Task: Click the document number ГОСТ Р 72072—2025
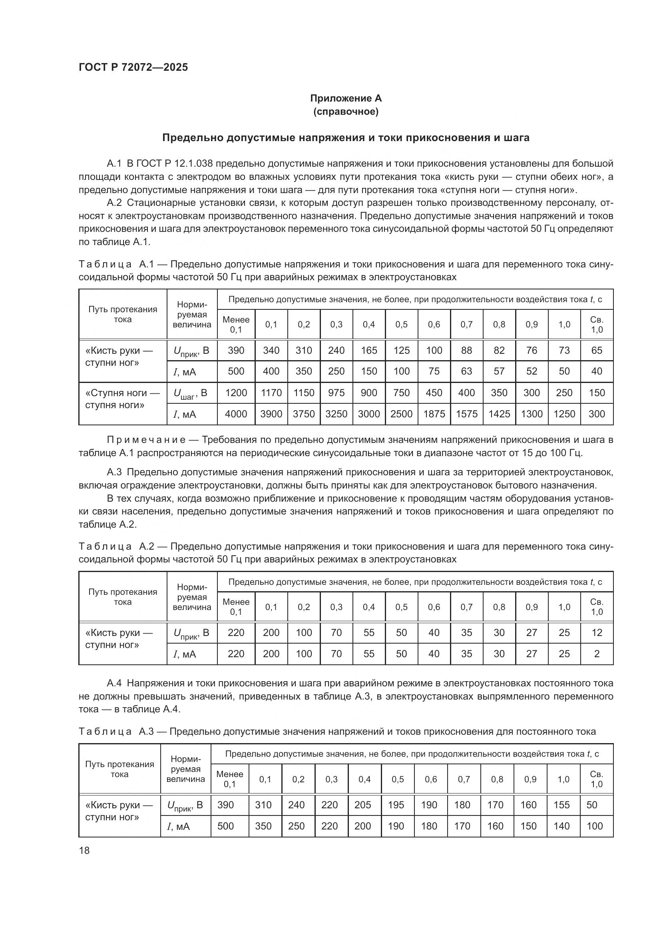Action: (x=133, y=67)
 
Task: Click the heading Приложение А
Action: (x=346, y=98)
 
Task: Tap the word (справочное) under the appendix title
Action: (x=346, y=112)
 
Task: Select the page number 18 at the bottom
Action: (x=84, y=850)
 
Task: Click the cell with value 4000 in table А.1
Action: (x=236, y=414)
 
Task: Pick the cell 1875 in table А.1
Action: (x=434, y=414)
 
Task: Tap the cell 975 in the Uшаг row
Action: (x=336, y=393)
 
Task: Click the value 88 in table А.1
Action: (x=466, y=350)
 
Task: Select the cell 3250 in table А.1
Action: (x=336, y=414)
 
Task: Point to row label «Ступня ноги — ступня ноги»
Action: (x=123, y=399)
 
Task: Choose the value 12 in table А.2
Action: (x=597, y=632)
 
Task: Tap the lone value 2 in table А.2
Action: (x=597, y=654)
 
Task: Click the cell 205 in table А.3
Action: (x=362, y=805)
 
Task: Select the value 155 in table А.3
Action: (x=561, y=805)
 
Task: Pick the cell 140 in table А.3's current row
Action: (x=561, y=826)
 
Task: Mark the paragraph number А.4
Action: (x=114, y=683)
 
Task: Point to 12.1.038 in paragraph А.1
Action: (x=193, y=164)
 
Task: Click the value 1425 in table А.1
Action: (x=499, y=414)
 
